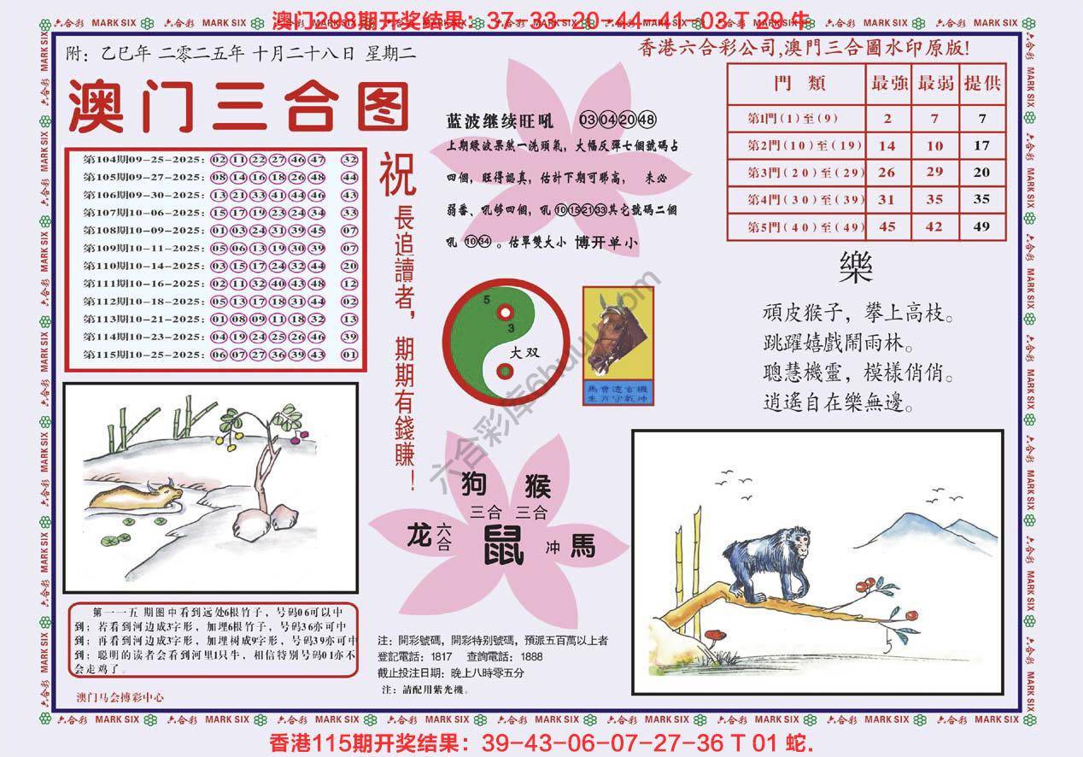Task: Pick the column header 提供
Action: click(x=981, y=84)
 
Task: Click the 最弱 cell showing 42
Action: click(x=935, y=226)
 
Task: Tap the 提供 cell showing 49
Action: click(x=981, y=226)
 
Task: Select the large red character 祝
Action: click(x=397, y=173)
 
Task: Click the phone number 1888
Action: click(x=531, y=656)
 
